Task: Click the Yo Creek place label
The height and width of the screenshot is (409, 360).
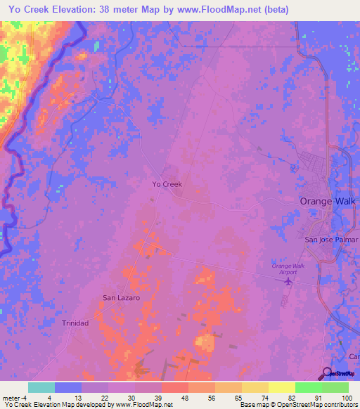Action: (167, 184)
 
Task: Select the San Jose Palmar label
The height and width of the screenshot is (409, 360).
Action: (330, 240)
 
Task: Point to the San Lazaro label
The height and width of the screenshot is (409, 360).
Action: (122, 298)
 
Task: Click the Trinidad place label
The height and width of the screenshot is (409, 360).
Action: (75, 323)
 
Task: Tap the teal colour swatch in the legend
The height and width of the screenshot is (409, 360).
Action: (41, 387)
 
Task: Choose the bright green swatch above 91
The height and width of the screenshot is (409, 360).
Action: (308, 387)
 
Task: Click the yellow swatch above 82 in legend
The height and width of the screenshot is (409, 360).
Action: (281, 387)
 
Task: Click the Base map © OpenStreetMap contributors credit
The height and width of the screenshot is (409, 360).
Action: (298, 405)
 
